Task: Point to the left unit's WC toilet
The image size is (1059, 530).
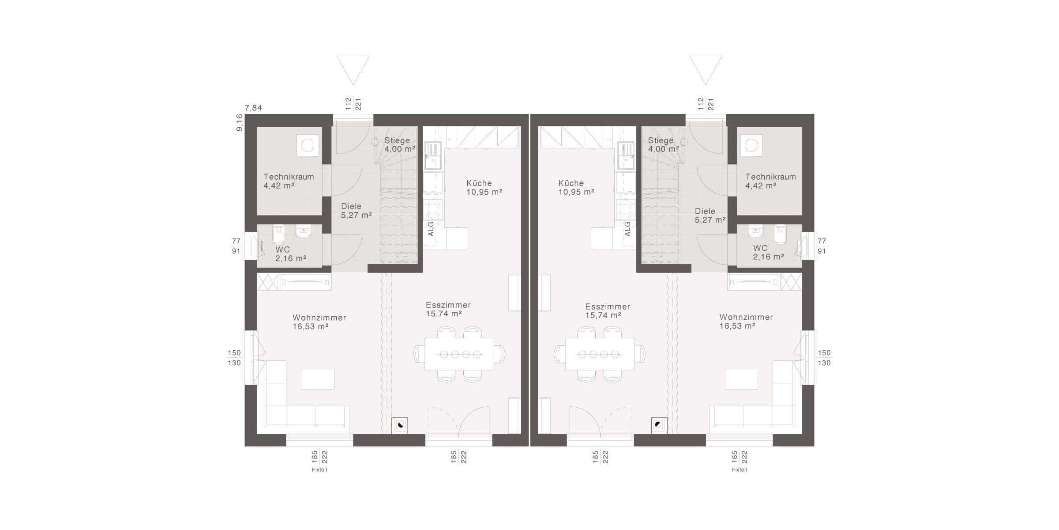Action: click(279, 235)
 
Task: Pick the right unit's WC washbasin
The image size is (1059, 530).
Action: click(755, 231)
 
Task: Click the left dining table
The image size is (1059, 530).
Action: click(459, 354)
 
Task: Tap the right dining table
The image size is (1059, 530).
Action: click(600, 354)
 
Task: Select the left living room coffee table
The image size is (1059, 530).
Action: click(318, 379)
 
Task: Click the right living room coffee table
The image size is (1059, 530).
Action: click(741, 379)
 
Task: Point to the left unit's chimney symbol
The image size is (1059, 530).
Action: click(400, 426)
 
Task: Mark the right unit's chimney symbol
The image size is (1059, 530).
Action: click(659, 426)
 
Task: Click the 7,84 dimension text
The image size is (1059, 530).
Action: click(253, 108)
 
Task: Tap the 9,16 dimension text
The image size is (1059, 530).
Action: click(239, 123)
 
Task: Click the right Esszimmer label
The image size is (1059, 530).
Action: click(608, 307)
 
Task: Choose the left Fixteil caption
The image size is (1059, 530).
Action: click(319, 470)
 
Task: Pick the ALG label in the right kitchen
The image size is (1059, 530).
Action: click(627, 229)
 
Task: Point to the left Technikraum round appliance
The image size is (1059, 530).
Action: click(308, 145)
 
